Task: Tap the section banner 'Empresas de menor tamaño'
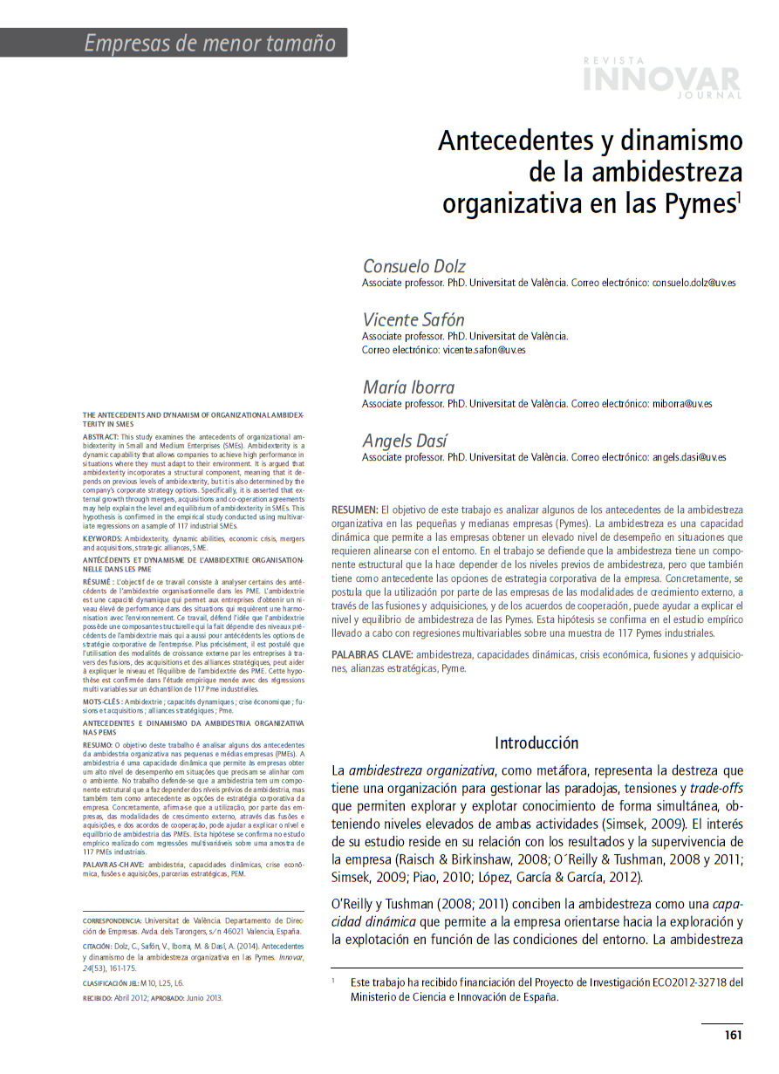[x=209, y=43]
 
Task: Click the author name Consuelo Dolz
[x=414, y=266]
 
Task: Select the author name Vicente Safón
[x=413, y=319]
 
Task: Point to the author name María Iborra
[x=408, y=387]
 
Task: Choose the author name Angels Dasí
[x=405, y=441]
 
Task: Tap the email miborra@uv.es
[x=682, y=404]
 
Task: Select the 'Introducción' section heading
[x=536, y=743]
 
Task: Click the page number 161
[x=733, y=1036]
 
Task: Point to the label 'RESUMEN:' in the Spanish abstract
[x=354, y=509]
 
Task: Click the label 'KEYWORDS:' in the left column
[x=102, y=540]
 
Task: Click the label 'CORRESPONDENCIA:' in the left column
[x=112, y=920]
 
